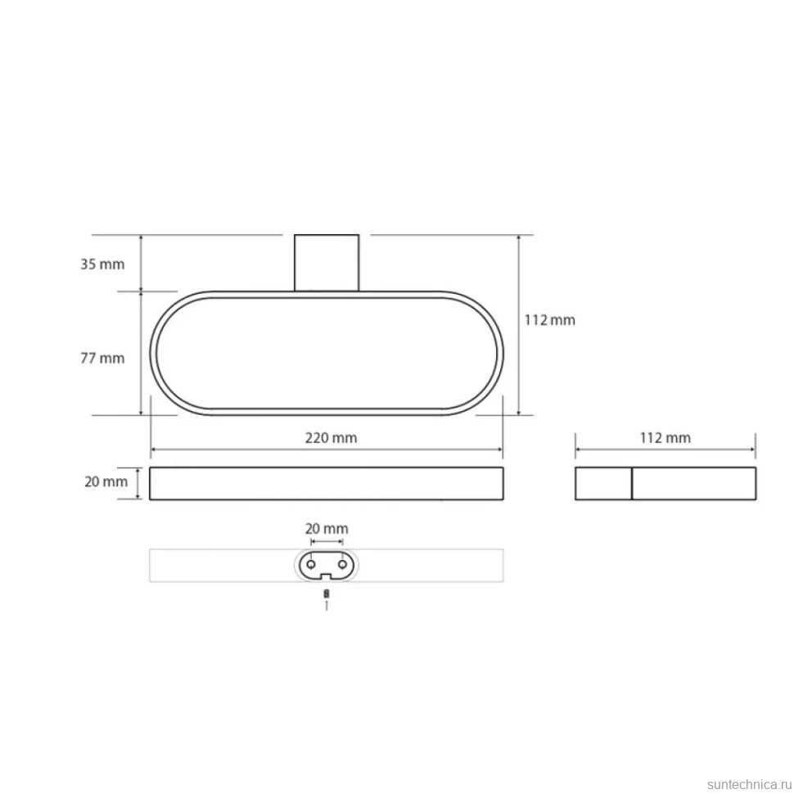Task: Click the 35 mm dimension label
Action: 102,264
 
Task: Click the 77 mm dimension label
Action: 102,359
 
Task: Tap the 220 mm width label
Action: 331,437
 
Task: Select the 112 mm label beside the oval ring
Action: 549,320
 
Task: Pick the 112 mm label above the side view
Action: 665,437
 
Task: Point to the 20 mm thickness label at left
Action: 106,481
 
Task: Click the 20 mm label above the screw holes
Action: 327,529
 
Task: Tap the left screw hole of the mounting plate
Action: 311,564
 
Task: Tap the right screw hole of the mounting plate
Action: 343,564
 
